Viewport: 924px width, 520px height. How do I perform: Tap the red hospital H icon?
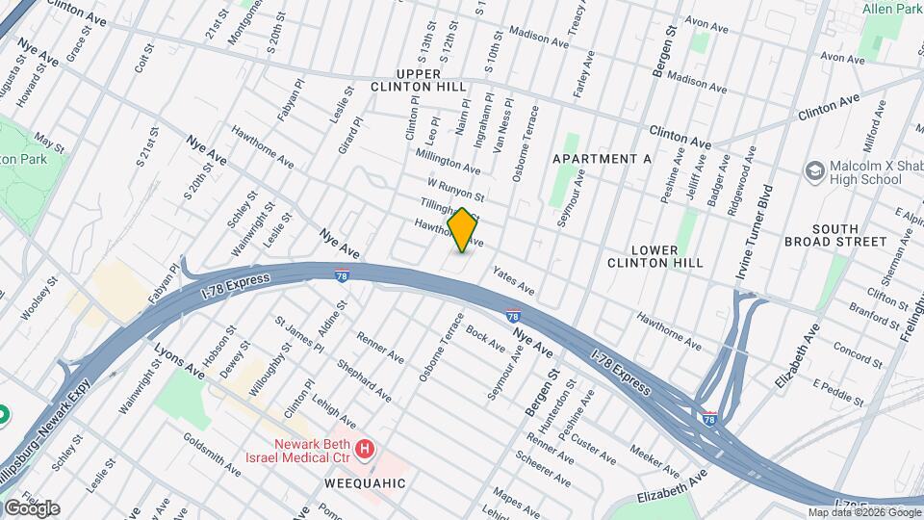[364, 449]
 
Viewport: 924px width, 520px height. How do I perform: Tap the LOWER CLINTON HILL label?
[654, 254]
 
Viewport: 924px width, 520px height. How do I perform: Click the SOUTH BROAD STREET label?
[835, 235]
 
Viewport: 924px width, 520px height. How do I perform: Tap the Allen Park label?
[892, 9]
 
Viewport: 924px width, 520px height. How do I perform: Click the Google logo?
[32, 508]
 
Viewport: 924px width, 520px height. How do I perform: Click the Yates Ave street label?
[512, 280]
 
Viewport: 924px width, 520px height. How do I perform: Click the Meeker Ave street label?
[654, 460]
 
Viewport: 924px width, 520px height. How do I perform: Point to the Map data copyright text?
[864, 512]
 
